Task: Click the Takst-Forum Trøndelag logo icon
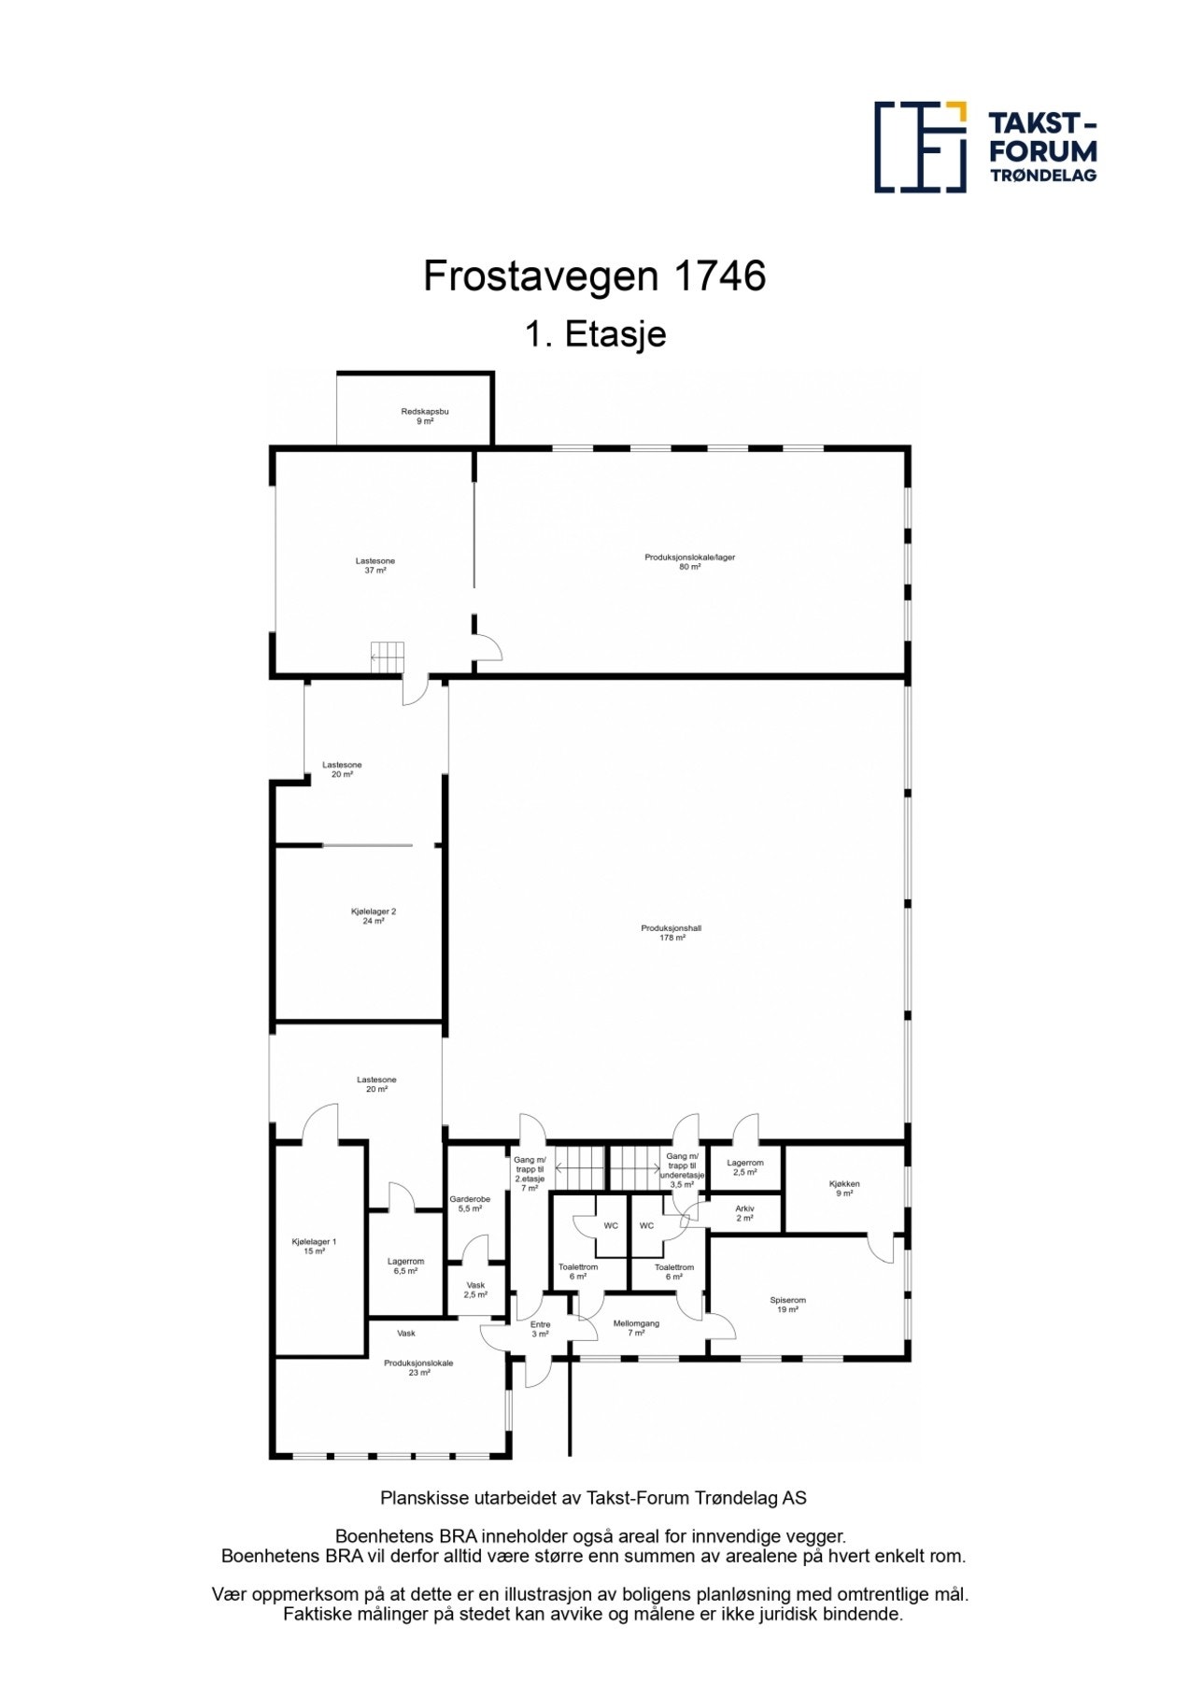click(919, 148)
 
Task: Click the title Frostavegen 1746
click(594, 276)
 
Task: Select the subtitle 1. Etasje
click(594, 334)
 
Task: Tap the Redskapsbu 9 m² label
click(424, 417)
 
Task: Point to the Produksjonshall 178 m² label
click(671, 933)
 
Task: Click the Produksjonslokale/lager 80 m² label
click(689, 561)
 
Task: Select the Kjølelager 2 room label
click(374, 916)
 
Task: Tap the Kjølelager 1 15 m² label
click(314, 1246)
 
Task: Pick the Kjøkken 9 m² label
click(843, 1188)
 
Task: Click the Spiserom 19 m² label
click(787, 1305)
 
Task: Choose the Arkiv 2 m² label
click(744, 1213)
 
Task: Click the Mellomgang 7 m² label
click(636, 1328)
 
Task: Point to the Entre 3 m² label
click(540, 1329)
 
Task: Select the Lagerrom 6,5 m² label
click(405, 1265)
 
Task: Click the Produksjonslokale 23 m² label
click(418, 1367)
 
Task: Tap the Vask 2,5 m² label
click(475, 1290)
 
